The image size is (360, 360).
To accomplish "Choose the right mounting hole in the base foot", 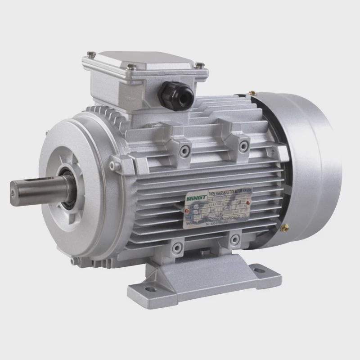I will [x=258, y=270].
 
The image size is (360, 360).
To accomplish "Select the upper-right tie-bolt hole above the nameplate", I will [x=243, y=145].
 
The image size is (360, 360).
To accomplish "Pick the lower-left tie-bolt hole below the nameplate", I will [x=177, y=247].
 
